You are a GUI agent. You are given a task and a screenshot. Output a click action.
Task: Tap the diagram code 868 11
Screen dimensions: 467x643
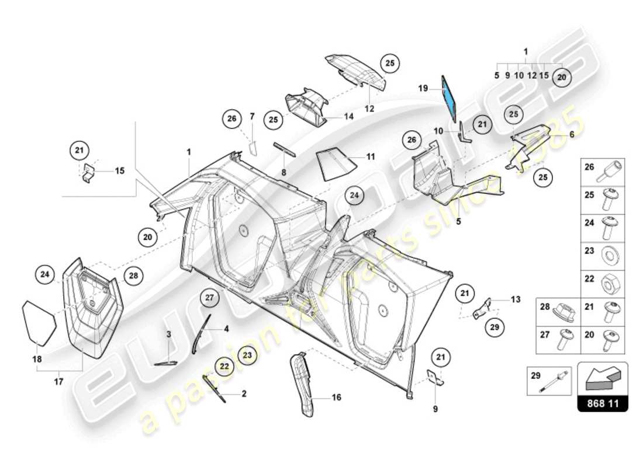603,403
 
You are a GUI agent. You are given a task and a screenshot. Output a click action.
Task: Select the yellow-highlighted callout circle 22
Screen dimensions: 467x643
224,366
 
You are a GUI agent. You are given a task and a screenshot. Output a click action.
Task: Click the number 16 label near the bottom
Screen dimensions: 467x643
336,398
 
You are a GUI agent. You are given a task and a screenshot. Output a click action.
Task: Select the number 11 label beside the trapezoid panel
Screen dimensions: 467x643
371,157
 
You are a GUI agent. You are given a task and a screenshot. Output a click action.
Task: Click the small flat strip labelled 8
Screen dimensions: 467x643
286,148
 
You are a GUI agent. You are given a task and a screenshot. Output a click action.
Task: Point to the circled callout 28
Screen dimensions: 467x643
133,275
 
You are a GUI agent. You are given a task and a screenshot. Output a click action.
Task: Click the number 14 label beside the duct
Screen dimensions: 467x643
349,116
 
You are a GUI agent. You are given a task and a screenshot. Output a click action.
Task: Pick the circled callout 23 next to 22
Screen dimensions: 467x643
247,354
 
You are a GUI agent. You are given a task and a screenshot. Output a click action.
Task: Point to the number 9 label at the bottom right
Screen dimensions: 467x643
435,409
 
